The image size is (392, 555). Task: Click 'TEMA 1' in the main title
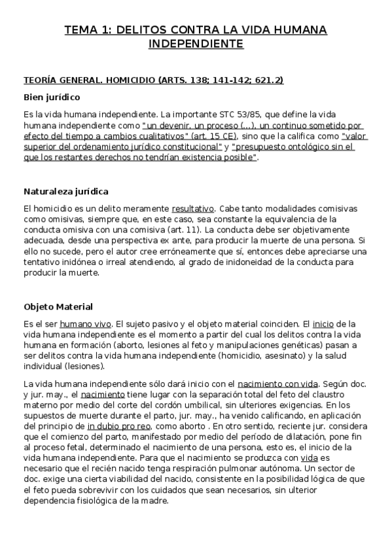(x=89, y=29)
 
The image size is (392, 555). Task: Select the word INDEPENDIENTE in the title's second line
(x=196, y=44)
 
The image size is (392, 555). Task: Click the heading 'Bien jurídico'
(x=52, y=98)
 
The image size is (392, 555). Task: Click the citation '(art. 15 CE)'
(x=213, y=136)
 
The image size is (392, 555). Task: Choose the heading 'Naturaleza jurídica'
(x=66, y=192)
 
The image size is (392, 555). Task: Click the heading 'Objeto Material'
(x=58, y=306)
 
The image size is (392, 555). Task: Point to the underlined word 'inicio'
(x=323, y=323)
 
